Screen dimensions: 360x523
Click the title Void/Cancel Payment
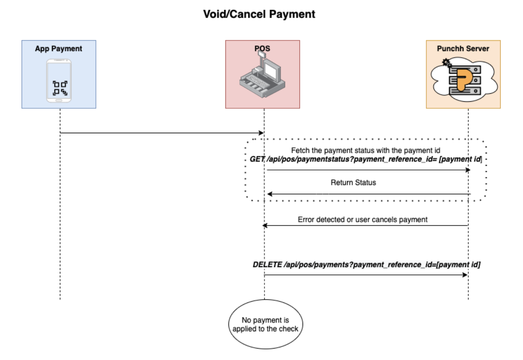point(259,14)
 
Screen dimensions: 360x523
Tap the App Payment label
point(58,49)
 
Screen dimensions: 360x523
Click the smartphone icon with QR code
point(59,81)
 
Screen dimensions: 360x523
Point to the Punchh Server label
point(463,49)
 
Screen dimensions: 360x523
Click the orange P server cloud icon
point(464,80)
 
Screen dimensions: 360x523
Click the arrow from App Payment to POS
point(161,133)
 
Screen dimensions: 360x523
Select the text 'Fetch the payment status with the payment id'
point(365,150)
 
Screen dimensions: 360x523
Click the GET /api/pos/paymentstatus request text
point(366,159)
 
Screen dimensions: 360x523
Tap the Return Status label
point(353,183)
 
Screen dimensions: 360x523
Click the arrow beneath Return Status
point(369,194)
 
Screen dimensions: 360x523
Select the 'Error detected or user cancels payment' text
point(362,220)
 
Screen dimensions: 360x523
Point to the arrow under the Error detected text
point(365,226)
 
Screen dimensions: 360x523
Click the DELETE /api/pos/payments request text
point(366,265)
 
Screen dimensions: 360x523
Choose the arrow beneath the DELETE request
point(366,275)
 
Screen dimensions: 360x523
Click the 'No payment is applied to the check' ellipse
point(265,324)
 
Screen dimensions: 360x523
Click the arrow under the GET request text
point(369,170)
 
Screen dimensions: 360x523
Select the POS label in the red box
point(262,49)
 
